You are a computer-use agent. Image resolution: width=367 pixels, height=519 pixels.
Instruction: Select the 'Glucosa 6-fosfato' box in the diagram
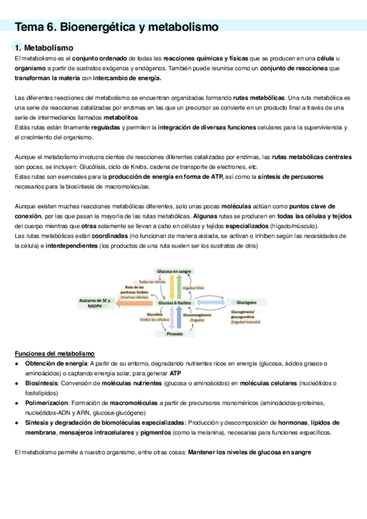[x=175, y=302]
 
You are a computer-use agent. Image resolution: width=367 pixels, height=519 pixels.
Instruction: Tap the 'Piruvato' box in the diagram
[x=174, y=334]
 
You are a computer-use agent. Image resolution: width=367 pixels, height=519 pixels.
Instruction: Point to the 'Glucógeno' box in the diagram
[x=246, y=302]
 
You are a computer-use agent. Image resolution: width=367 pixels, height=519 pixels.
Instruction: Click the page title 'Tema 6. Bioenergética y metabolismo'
[x=116, y=27]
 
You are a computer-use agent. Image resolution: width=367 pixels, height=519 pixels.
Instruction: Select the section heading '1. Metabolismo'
[x=44, y=47]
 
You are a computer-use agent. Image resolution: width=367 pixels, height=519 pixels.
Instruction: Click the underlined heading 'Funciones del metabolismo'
[x=55, y=354]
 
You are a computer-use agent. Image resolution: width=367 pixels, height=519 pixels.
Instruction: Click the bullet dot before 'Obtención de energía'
[x=18, y=364]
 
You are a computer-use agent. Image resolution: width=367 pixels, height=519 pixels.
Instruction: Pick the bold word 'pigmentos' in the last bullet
[x=155, y=433]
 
